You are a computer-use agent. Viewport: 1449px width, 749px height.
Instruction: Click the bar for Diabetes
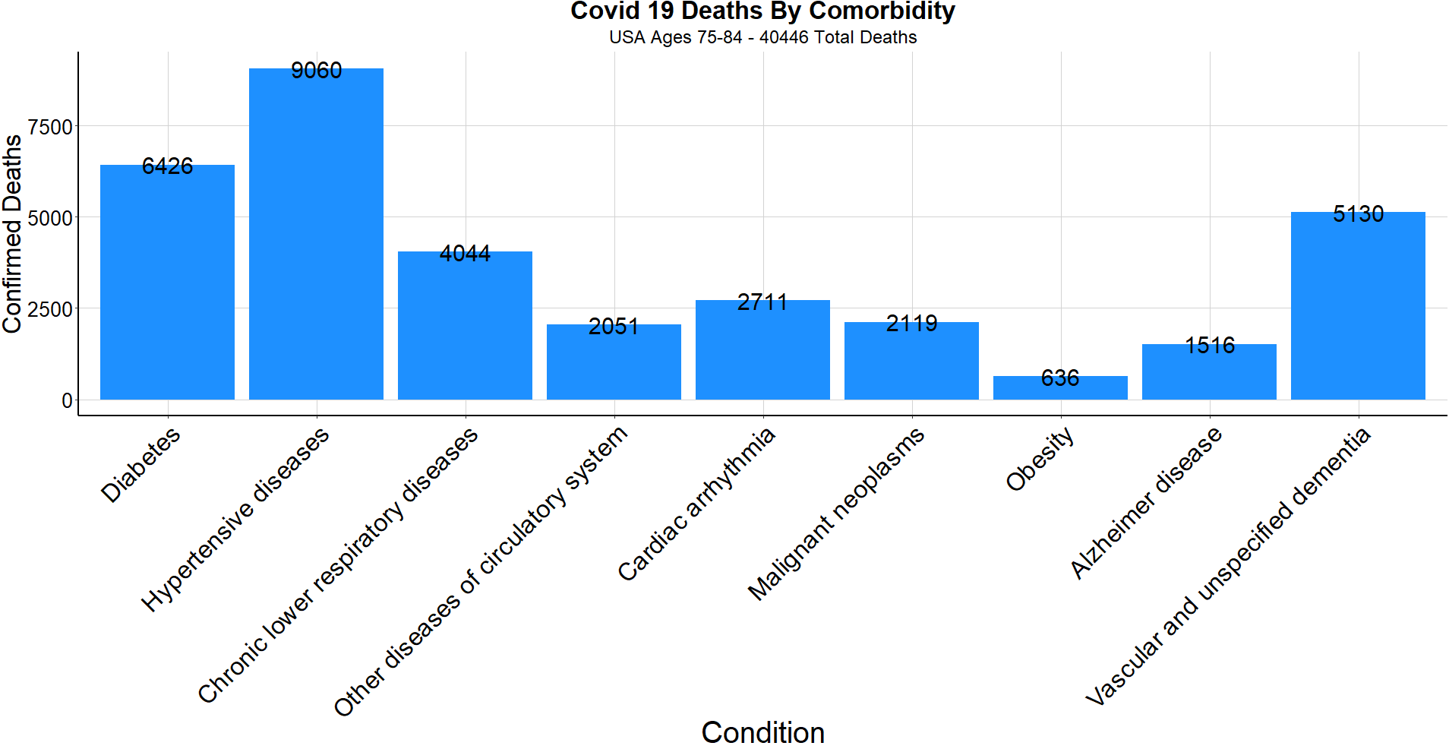tap(167, 282)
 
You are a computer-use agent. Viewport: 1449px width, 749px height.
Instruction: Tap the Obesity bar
tap(1060, 388)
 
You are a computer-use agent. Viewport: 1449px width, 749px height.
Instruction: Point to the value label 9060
tap(316, 71)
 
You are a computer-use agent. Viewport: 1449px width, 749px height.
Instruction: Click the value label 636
tap(1060, 378)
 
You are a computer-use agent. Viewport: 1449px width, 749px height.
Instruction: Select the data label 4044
tap(465, 254)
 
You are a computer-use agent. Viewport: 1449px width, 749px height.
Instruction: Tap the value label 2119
tap(911, 324)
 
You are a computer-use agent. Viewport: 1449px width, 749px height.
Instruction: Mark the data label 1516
tap(1210, 346)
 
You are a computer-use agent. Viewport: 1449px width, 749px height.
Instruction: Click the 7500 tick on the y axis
tap(50, 126)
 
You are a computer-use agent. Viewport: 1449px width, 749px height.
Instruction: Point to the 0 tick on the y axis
tap(67, 400)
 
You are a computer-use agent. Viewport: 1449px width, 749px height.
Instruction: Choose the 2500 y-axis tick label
tap(50, 309)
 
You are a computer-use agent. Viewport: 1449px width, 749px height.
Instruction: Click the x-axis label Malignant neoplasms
tap(836, 514)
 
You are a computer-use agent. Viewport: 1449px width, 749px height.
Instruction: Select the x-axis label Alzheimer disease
tap(1146, 503)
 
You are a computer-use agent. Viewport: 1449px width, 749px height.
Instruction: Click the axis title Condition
tap(762, 732)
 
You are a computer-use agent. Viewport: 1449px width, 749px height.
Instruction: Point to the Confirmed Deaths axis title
tap(12, 234)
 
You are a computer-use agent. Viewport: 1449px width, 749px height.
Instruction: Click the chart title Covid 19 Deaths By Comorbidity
tap(762, 11)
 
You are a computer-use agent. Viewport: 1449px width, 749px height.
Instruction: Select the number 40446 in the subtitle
tap(784, 37)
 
